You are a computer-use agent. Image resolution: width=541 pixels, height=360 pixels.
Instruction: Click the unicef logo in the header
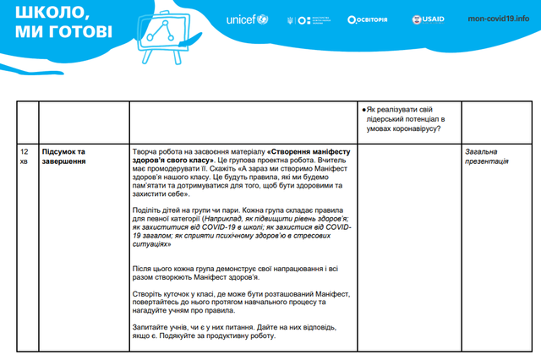tap(246, 19)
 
